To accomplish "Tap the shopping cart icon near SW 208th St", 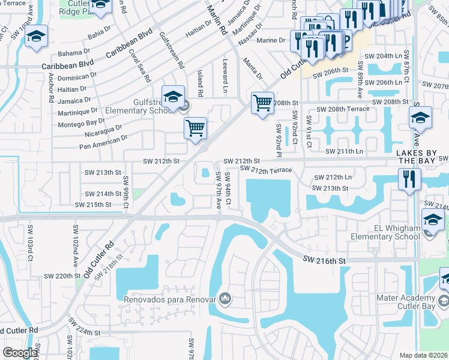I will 262,103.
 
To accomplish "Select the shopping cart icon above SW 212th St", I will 196,128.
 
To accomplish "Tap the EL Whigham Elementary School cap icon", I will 433,220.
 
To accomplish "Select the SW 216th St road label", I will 325,260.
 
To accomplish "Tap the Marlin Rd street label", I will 215,19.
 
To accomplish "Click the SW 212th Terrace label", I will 265,170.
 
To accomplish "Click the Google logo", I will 20,353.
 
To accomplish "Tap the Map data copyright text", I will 424,355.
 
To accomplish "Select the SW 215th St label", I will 93,205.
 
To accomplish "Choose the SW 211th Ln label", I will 345,152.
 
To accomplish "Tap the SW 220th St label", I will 62,277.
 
